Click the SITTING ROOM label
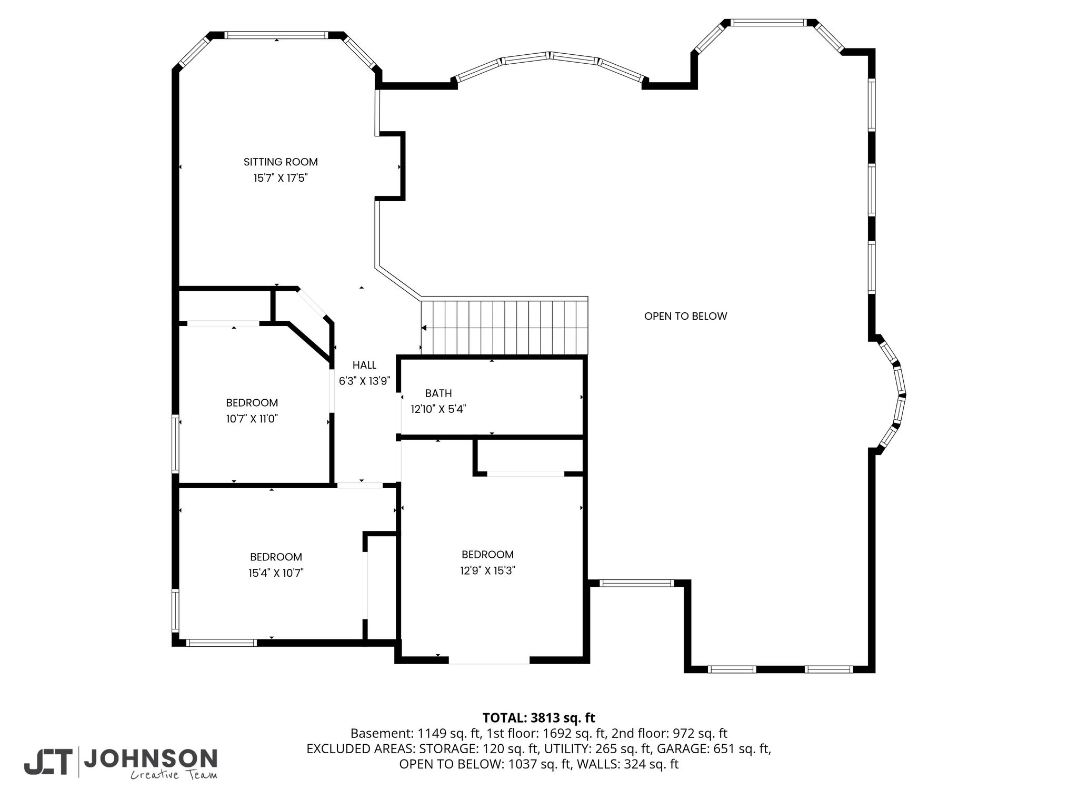pos(281,162)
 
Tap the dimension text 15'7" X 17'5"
pos(281,178)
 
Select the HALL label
pos(364,365)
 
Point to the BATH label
pos(438,393)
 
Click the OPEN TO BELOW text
pos(685,316)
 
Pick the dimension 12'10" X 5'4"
pos(438,409)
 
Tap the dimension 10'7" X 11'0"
pos(252,419)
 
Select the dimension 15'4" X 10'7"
pos(276,573)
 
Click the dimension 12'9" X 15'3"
pos(487,570)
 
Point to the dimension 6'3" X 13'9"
pos(364,381)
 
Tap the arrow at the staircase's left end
pos(424,328)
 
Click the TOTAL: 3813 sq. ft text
pos(539,717)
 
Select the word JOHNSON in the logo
pos(151,758)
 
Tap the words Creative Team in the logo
pos(174,775)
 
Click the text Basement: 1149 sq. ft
pos(415,733)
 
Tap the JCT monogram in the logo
pos(47,762)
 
